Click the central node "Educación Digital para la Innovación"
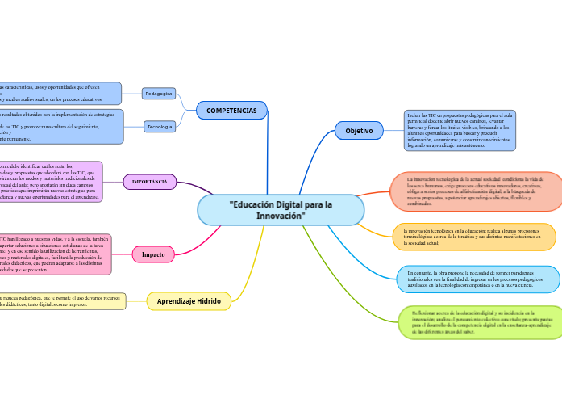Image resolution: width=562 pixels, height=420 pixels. click(281, 210)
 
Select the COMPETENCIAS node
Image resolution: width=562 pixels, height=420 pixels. click(231, 111)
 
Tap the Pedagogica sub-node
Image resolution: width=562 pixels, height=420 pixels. click(159, 94)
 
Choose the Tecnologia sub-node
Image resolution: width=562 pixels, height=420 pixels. click(160, 127)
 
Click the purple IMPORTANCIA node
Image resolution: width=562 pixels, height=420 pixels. click(150, 182)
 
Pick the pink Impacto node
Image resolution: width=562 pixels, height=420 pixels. click(153, 254)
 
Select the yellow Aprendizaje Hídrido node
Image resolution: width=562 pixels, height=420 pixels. click(189, 301)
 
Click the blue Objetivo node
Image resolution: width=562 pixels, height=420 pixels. click(359, 130)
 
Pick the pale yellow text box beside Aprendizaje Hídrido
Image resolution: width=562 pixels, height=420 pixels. click(61, 301)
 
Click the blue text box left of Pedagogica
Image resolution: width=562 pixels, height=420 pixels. click(60, 94)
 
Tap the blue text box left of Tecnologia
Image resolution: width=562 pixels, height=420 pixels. click(60, 127)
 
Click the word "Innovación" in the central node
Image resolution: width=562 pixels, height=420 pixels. click(281, 216)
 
